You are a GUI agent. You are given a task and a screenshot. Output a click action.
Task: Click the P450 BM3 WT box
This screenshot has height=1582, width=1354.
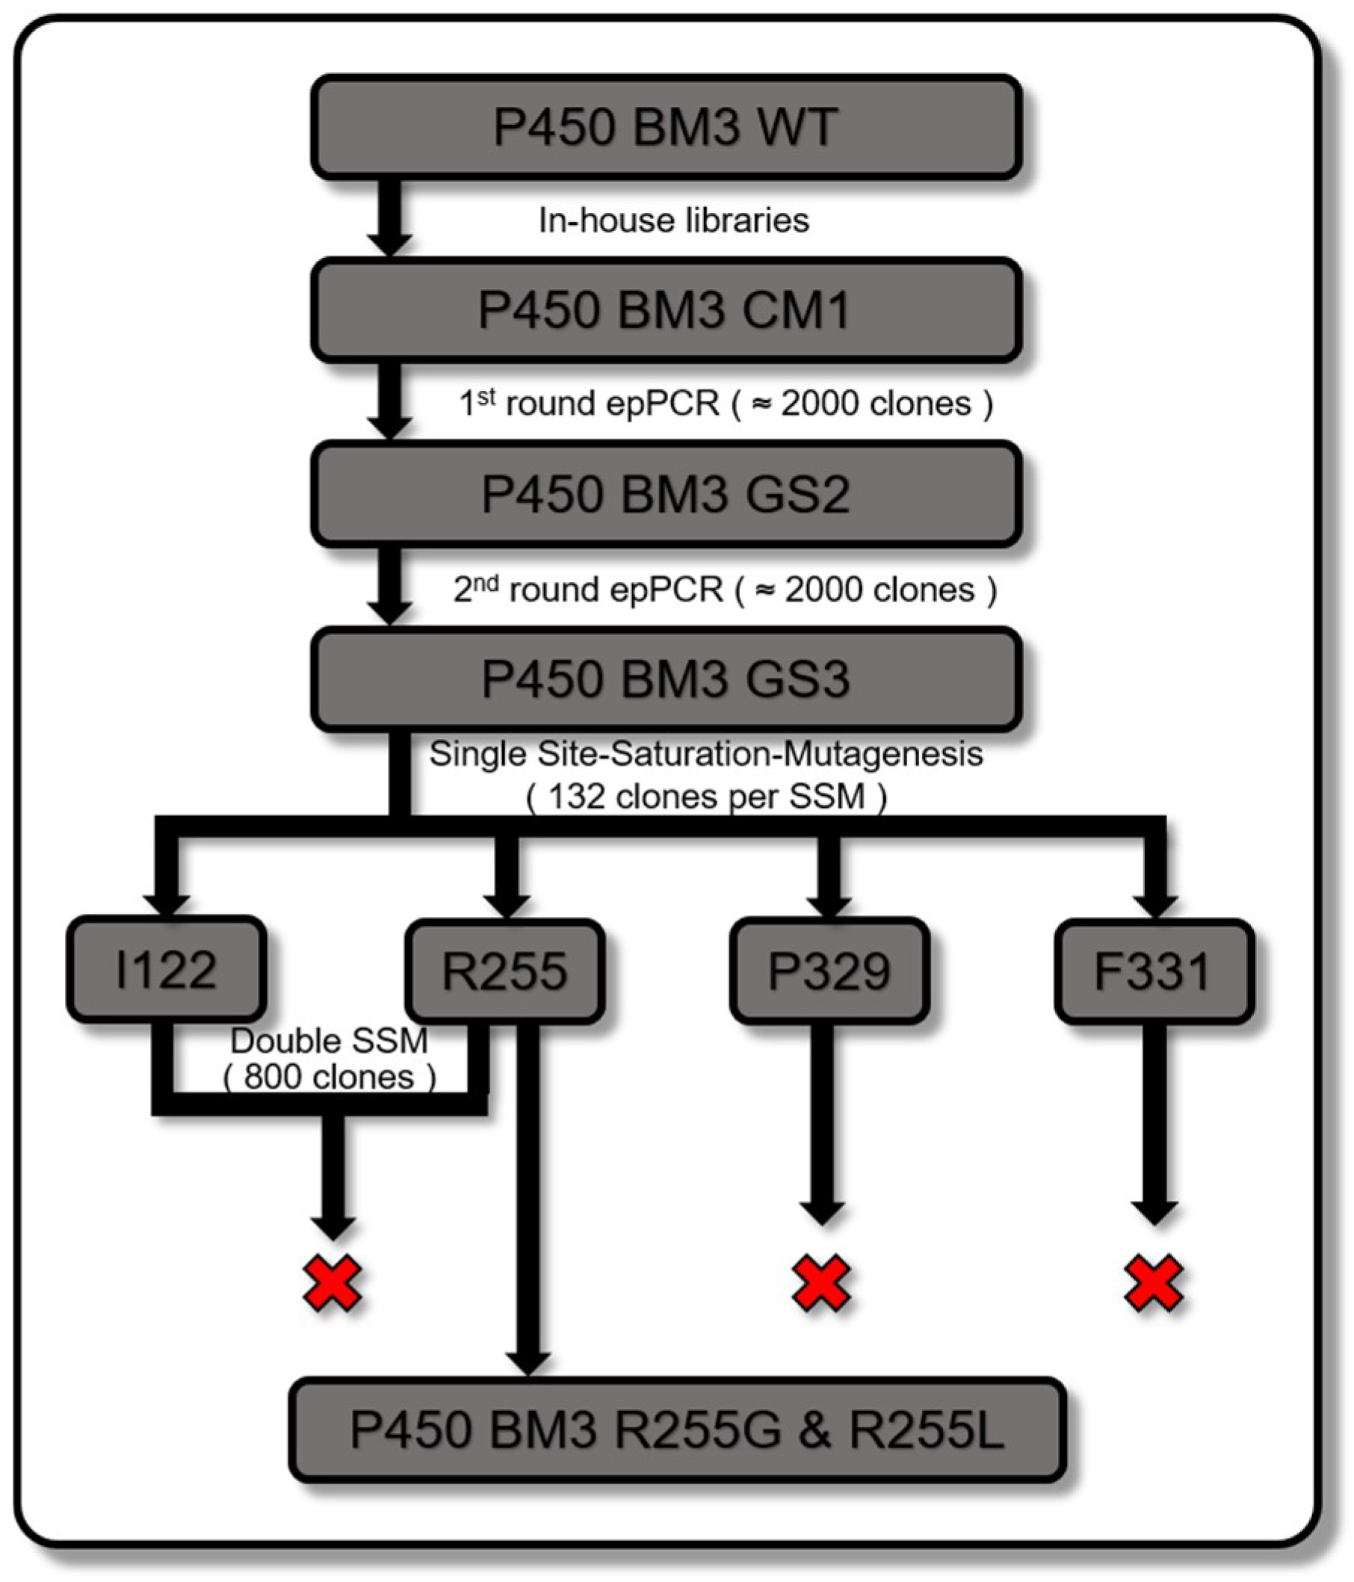coord(665,128)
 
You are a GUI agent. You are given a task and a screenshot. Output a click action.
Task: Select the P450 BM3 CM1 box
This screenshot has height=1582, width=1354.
coord(665,310)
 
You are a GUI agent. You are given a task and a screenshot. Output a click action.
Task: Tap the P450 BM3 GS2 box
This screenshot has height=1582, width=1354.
coord(665,494)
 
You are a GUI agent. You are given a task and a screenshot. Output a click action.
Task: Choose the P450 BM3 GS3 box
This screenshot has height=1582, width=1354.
coord(665,679)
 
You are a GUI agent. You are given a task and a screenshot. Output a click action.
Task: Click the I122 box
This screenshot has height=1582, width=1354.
coord(167,971)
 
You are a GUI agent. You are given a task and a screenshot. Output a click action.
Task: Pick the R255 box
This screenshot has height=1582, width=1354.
coord(505,971)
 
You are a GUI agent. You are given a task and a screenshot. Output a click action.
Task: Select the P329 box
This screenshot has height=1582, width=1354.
coord(829,971)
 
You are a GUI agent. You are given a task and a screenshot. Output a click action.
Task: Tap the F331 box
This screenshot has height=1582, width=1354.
coord(1153,971)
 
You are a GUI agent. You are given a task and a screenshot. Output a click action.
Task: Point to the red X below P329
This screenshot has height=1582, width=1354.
coord(821,1282)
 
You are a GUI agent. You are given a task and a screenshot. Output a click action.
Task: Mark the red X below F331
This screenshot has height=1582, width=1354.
coord(1153,1282)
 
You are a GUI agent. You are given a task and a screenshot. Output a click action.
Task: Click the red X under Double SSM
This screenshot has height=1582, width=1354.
coord(333,1282)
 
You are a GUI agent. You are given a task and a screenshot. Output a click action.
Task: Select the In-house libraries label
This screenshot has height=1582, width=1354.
coord(673,220)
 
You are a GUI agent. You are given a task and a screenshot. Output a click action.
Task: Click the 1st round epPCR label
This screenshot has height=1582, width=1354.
coord(726,403)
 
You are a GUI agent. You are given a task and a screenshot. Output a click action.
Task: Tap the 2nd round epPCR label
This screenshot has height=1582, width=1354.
coord(726,590)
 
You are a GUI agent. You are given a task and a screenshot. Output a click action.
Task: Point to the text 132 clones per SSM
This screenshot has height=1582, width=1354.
coord(706,797)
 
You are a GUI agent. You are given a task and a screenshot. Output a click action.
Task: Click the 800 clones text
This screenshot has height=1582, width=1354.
coord(330,1078)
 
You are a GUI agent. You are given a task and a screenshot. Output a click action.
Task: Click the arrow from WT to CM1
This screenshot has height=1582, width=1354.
coord(389,217)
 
